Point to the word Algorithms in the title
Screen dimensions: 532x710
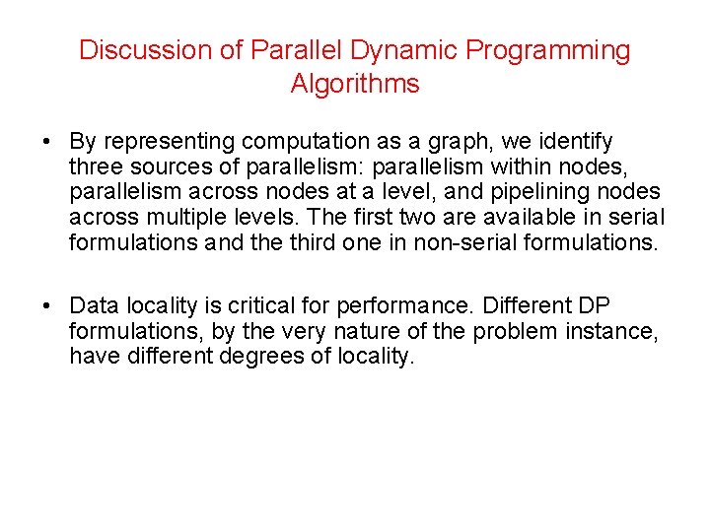355,84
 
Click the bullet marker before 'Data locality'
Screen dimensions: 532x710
47,307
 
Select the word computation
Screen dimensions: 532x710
302,143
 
